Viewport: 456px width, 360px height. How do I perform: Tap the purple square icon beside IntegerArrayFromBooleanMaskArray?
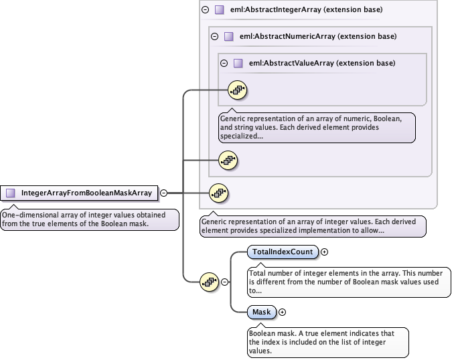(x=11, y=193)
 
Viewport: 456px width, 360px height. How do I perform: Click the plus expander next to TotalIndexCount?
(x=325, y=252)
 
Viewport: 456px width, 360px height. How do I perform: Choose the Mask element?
(x=261, y=312)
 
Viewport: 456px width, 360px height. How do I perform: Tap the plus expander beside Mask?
(x=282, y=312)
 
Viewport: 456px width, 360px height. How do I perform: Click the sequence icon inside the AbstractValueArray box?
(x=238, y=88)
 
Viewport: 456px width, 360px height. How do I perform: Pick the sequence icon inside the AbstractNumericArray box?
(x=228, y=160)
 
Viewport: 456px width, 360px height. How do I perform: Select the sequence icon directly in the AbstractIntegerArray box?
(x=218, y=193)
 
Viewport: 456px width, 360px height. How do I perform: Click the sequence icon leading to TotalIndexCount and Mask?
(x=210, y=282)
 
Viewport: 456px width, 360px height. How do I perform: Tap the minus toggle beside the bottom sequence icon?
(x=225, y=282)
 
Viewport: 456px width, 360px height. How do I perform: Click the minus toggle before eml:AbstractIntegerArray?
(x=205, y=10)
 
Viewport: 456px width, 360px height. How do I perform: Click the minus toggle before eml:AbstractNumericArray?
(x=214, y=36)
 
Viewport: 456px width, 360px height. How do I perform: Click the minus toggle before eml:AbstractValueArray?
(x=224, y=63)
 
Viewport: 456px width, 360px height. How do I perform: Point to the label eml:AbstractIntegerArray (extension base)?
(x=306, y=10)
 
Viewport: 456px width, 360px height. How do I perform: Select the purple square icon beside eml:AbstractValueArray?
(x=238, y=63)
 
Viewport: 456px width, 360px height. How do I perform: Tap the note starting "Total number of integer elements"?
(x=349, y=282)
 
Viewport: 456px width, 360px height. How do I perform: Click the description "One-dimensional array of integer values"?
(x=88, y=219)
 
